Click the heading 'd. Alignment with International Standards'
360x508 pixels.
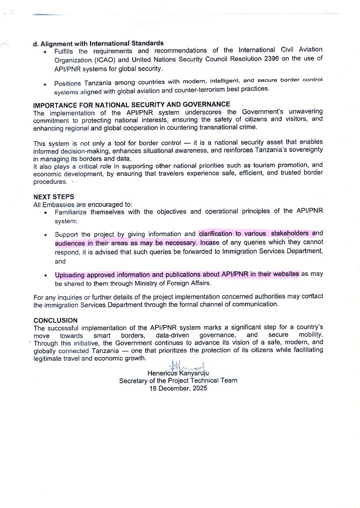[102, 43]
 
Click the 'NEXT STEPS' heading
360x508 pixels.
[53, 197]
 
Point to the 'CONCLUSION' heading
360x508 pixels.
[55, 321]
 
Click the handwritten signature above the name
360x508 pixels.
[188, 365]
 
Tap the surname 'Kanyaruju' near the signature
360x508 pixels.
[195, 373]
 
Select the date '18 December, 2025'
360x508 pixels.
[178, 388]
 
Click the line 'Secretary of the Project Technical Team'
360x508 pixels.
[178, 380]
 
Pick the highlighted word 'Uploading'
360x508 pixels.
[72, 274]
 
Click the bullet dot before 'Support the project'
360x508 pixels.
[46, 235]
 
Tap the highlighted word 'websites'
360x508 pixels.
[286, 274]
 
